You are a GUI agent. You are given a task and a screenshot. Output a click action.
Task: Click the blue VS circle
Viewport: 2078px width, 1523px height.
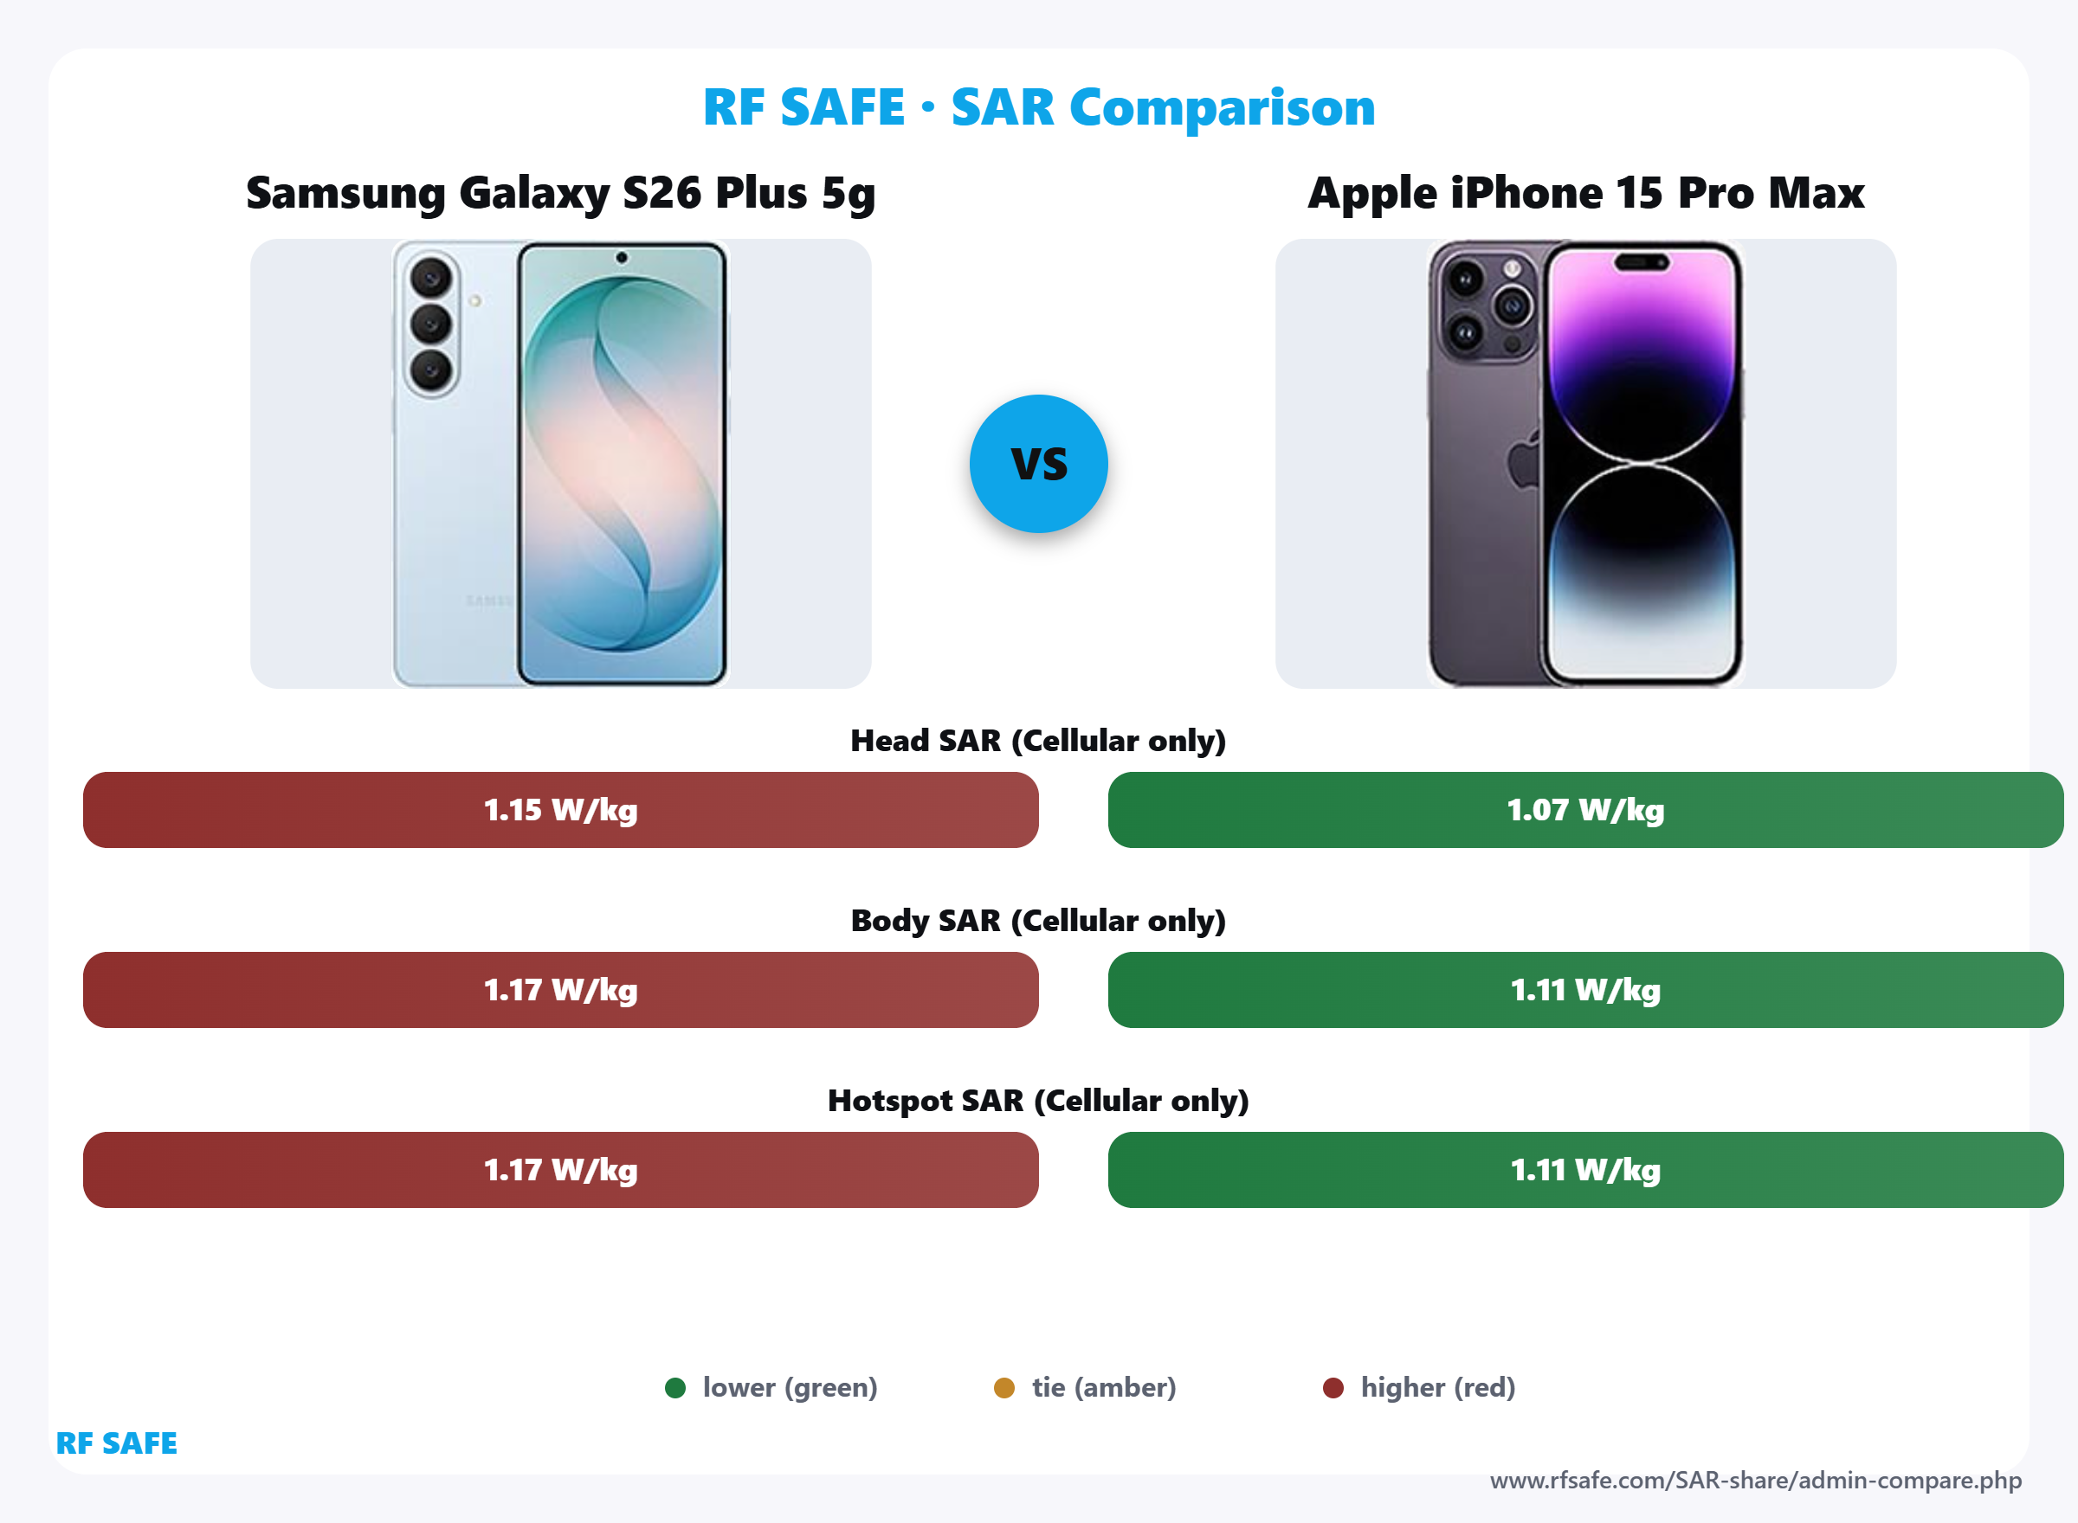coord(1038,464)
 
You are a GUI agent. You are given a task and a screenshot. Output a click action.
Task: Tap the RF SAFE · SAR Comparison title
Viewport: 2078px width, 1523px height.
coord(1038,107)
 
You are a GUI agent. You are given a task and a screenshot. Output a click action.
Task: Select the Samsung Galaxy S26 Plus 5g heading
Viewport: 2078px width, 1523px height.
coord(561,193)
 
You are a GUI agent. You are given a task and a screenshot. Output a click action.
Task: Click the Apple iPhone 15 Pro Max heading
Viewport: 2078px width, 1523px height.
coord(1585,193)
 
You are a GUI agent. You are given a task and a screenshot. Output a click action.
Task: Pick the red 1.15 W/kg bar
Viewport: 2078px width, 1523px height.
coord(561,809)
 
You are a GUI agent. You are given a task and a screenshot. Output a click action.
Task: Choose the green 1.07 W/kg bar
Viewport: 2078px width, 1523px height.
coord(1585,809)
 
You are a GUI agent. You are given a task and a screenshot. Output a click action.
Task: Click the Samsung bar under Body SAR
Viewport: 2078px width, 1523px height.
coord(561,989)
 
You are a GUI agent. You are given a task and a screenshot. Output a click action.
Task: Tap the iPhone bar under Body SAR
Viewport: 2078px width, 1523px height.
coord(1585,989)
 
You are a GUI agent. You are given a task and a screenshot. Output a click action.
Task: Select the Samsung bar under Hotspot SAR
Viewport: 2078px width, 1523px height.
coord(561,1169)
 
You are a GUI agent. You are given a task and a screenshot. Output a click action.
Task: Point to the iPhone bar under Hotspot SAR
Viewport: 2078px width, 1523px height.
coord(1585,1169)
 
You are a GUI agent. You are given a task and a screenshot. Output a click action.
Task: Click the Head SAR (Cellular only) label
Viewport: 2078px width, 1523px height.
coord(1038,740)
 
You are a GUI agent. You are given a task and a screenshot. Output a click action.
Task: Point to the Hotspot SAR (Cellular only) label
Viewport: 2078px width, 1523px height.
coord(1038,1100)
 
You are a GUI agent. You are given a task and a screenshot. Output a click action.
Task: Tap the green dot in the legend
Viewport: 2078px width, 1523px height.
coord(675,1387)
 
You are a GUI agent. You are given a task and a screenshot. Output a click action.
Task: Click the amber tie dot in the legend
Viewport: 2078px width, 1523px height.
coord(1004,1387)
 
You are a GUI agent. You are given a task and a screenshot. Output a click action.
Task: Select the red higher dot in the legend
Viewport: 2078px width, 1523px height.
coord(1333,1387)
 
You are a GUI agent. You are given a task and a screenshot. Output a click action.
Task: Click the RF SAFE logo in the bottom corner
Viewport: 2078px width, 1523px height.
coord(117,1443)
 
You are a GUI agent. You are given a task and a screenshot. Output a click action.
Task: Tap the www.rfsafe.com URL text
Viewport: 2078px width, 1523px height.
coord(1755,1481)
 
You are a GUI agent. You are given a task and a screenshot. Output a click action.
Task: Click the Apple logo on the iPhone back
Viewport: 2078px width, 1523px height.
coord(1524,461)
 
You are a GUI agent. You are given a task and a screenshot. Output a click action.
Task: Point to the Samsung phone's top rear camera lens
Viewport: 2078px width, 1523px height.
coord(430,277)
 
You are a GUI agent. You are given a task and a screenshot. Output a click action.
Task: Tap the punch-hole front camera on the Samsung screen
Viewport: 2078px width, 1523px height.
coord(622,258)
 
